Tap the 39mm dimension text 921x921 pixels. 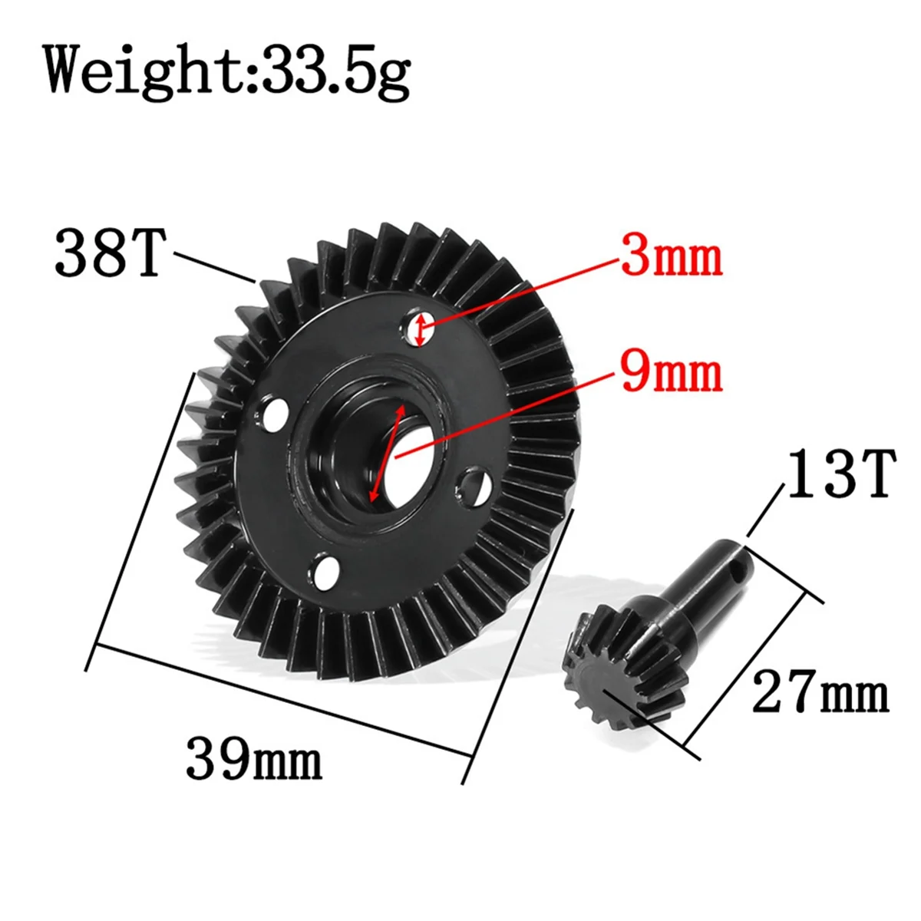(253, 758)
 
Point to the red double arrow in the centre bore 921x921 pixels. (386, 454)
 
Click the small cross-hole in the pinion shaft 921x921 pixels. (738, 570)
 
